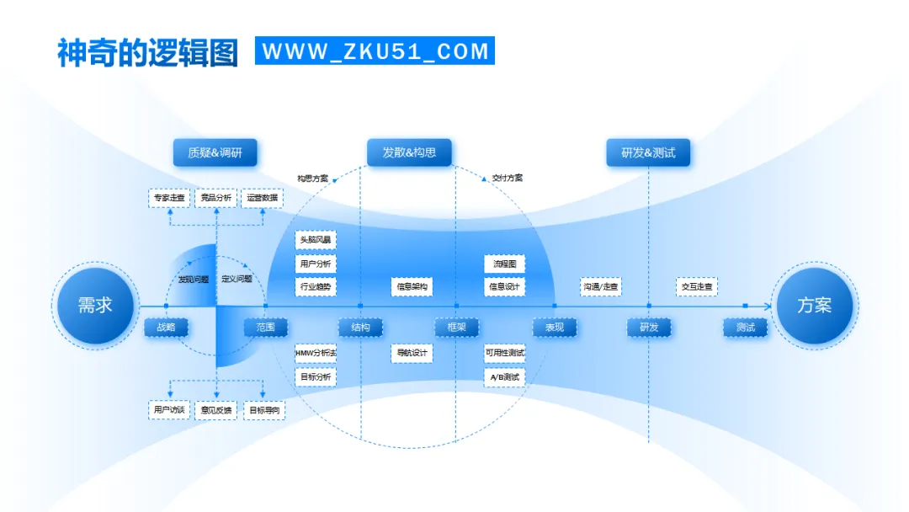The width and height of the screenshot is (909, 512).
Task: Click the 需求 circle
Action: tap(95, 306)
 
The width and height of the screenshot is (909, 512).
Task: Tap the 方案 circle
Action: tap(814, 306)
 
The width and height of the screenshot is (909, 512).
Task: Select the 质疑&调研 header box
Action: tap(215, 152)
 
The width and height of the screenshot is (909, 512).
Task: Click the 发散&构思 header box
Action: tap(409, 152)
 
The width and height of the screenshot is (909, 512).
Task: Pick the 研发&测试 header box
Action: tap(648, 152)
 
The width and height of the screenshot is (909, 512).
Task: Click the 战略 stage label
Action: tap(166, 328)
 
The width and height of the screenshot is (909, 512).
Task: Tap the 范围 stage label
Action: tap(265, 328)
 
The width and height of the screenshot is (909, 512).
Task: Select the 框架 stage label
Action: tap(456, 328)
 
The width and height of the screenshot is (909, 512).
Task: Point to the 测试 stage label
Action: tap(745, 328)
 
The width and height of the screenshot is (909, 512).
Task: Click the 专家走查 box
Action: tap(170, 199)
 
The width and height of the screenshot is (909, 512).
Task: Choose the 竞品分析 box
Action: tap(216, 199)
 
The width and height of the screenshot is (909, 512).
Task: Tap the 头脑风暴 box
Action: tap(316, 240)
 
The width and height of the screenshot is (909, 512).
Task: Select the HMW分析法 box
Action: tap(316, 353)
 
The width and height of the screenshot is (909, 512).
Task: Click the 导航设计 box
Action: tap(412, 353)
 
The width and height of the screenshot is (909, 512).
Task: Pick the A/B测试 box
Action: tap(504, 377)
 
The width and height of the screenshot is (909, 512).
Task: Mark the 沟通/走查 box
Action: tap(600, 287)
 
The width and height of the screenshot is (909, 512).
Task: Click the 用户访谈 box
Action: tap(168, 410)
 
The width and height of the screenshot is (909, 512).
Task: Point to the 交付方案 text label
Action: tap(507, 179)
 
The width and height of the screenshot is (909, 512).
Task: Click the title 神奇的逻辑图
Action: tap(148, 51)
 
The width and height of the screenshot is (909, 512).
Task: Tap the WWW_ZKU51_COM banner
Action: tap(375, 51)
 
